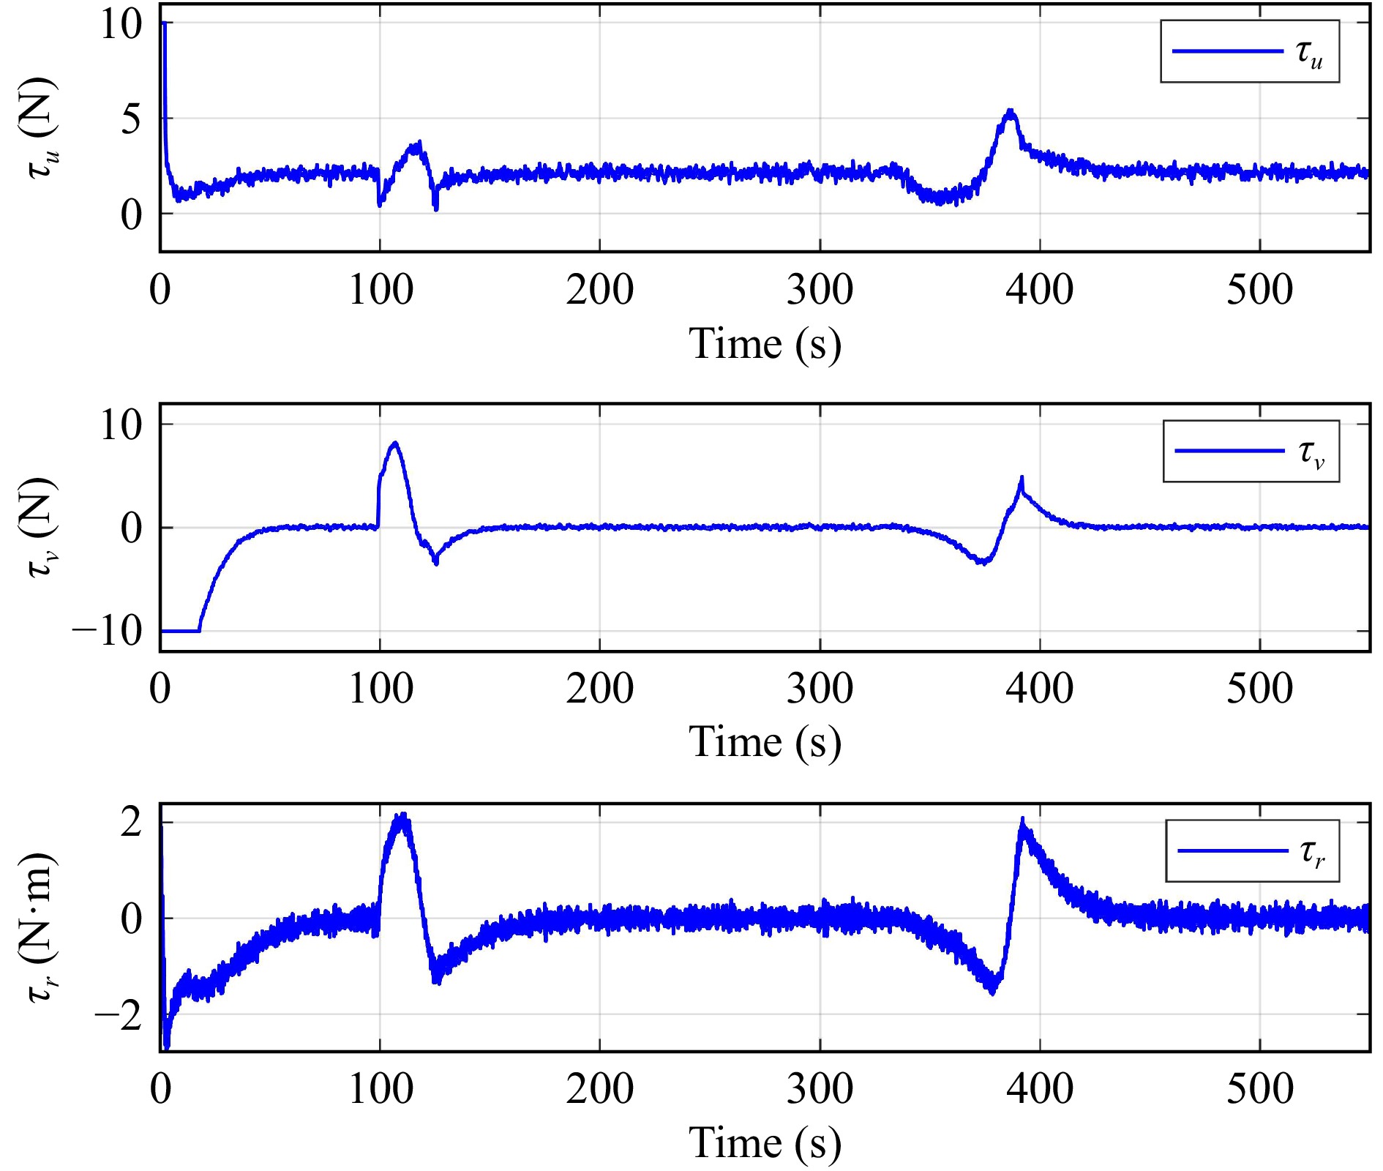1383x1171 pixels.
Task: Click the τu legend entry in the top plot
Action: pyautogui.click(x=1250, y=51)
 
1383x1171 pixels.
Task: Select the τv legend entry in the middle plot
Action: pyautogui.click(x=1251, y=451)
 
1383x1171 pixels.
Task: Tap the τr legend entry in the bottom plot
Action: pyautogui.click(x=1253, y=850)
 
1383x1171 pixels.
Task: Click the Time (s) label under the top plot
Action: pyautogui.click(x=765, y=344)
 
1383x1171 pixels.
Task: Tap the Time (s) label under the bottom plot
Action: pyautogui.click(x=765, y=1142)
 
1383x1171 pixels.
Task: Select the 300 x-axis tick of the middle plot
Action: pyautogui.click(x=820, y=689)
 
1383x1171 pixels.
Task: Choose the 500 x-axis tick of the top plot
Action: pyautogui.click(x=1259, y=290)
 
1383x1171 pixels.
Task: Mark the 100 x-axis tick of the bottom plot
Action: pyautogui.click(x=381, y=1089)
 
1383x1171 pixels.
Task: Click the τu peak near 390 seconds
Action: pyautogui.click(x=1011, y=112)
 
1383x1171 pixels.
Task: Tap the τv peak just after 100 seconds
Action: pyautogui.click(x=395, y=443)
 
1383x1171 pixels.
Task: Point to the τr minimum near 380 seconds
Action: pyautogui.click(x=992, y=992)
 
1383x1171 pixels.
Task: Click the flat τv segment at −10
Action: pyautogui.click(x=180, y=631)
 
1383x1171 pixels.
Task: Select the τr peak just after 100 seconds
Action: pyautogui.click(x=401, y=817)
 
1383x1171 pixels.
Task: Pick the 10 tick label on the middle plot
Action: pyautogui.click(x=121, y=424)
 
